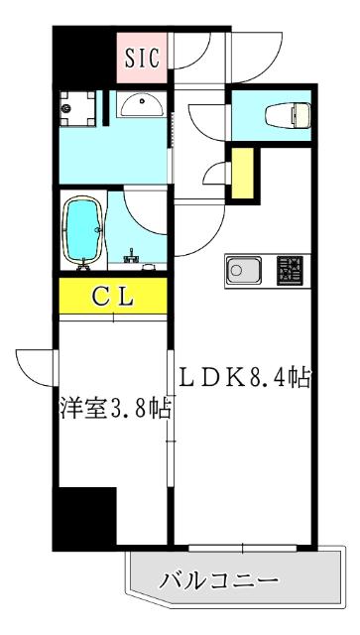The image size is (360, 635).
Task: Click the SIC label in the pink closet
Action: tap(143, 57)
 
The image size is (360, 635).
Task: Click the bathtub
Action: tap(82, 232)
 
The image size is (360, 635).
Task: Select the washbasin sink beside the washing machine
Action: tap(141, 106)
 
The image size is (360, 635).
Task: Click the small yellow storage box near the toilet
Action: tap(242, 174)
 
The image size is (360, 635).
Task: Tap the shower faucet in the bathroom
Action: tap(129, 260)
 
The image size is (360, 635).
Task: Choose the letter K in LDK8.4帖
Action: tap(231, 377)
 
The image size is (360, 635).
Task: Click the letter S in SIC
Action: tap(130, 57)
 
